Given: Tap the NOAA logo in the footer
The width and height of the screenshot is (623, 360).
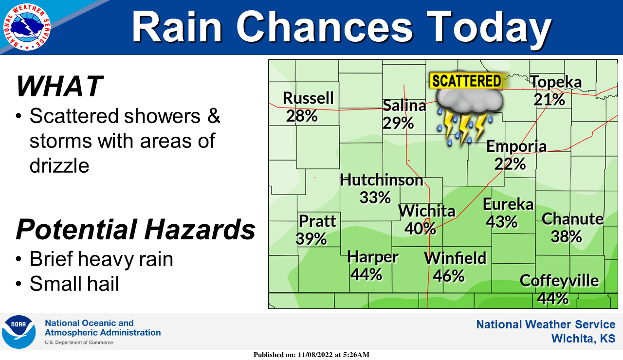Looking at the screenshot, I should pos(19,332).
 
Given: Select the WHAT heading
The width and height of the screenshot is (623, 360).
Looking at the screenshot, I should pos(59,86).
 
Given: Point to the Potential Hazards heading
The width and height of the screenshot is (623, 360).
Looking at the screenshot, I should pos(136,229).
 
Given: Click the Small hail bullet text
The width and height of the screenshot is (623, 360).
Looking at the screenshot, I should pos(74,283).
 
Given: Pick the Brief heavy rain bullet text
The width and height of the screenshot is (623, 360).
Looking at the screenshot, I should pos(101,259).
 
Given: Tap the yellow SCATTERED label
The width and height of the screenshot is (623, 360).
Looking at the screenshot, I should pos(466,81).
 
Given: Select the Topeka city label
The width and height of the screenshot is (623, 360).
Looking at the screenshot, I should pos(555,82).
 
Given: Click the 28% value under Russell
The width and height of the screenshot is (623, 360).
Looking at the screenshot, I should pos(302,116).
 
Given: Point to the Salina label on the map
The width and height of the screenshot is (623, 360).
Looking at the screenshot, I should pos(404,106).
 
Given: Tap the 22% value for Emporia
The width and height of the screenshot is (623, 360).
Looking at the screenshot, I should pos(510,163).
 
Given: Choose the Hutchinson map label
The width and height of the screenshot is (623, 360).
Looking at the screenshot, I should pos(382,180).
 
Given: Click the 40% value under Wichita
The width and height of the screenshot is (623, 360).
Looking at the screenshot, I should pos(420,228).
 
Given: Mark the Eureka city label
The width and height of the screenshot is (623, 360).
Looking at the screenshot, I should pos(508,204).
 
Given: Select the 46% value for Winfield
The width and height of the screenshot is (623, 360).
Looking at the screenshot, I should pos(449,275).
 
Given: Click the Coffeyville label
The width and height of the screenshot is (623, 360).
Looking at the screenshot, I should pos(559,281).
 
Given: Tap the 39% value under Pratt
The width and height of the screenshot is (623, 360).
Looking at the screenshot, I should pos(311,238).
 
